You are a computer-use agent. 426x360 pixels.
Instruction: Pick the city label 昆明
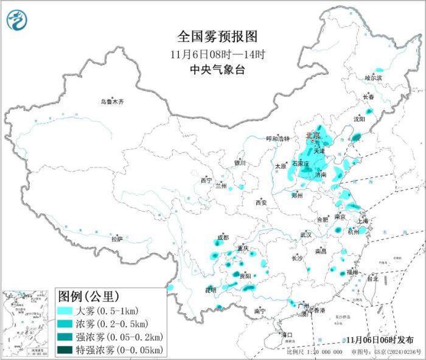211,289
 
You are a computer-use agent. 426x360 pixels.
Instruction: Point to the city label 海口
286,334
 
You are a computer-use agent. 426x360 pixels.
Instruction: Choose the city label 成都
223,238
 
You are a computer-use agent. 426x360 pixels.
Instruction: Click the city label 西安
262,202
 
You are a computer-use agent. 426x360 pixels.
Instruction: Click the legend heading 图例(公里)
88,297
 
